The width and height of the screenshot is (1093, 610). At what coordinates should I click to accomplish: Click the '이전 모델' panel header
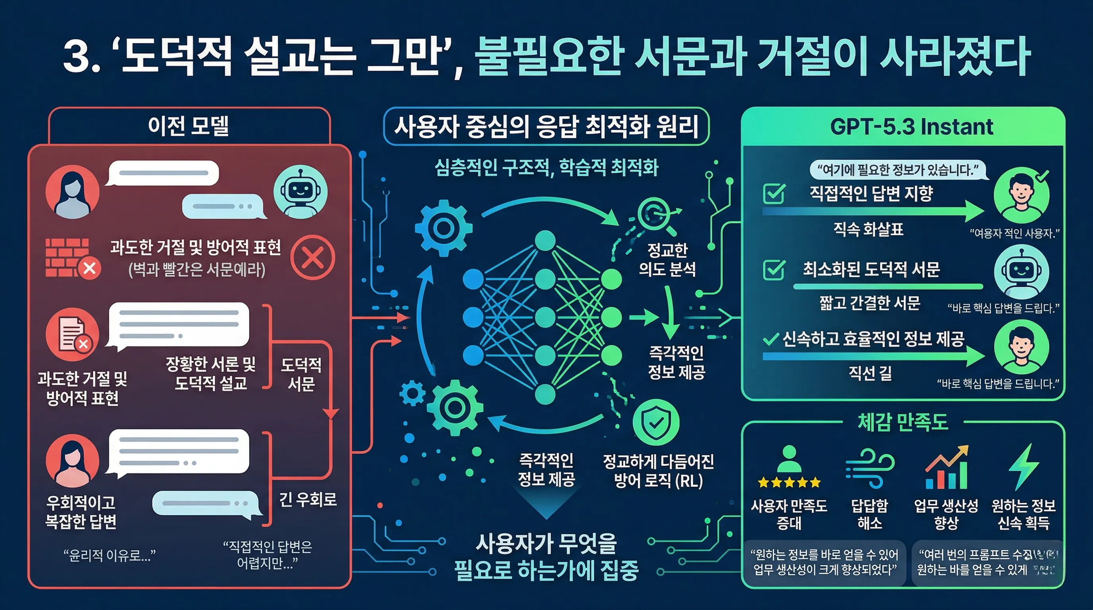point(189,126)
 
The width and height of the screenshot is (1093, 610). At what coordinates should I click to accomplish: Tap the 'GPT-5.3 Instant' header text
point(911,127)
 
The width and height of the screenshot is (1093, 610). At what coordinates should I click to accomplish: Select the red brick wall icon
point(68,257)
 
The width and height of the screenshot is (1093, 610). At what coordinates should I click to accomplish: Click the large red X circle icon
point(313,257)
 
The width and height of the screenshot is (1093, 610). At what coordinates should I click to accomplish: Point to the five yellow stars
point(789,482)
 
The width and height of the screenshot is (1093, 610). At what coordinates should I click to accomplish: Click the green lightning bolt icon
point(1023,467)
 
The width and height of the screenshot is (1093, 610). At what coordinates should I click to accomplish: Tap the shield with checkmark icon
point(656,422)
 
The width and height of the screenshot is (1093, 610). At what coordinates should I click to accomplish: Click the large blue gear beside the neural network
point(443,228)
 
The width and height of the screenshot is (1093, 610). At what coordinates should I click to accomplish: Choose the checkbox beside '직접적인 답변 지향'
point(774,194)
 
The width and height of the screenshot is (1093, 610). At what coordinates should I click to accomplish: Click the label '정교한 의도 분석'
point(667,259)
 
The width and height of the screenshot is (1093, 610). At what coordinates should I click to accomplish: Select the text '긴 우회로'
point(308,499)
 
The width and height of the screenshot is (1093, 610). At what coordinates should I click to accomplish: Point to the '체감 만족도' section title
point(902,422)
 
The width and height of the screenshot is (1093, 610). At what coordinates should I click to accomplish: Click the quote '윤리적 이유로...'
point(110,555)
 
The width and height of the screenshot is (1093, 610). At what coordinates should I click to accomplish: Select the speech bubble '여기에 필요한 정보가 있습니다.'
point(898,170)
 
